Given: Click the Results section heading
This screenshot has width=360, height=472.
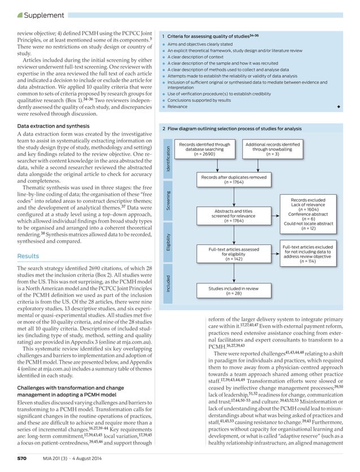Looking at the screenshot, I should (28, 256).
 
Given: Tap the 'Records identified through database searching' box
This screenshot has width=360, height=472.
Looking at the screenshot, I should (204, 148).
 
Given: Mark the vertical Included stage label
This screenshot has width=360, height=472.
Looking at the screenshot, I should (168, 284).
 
